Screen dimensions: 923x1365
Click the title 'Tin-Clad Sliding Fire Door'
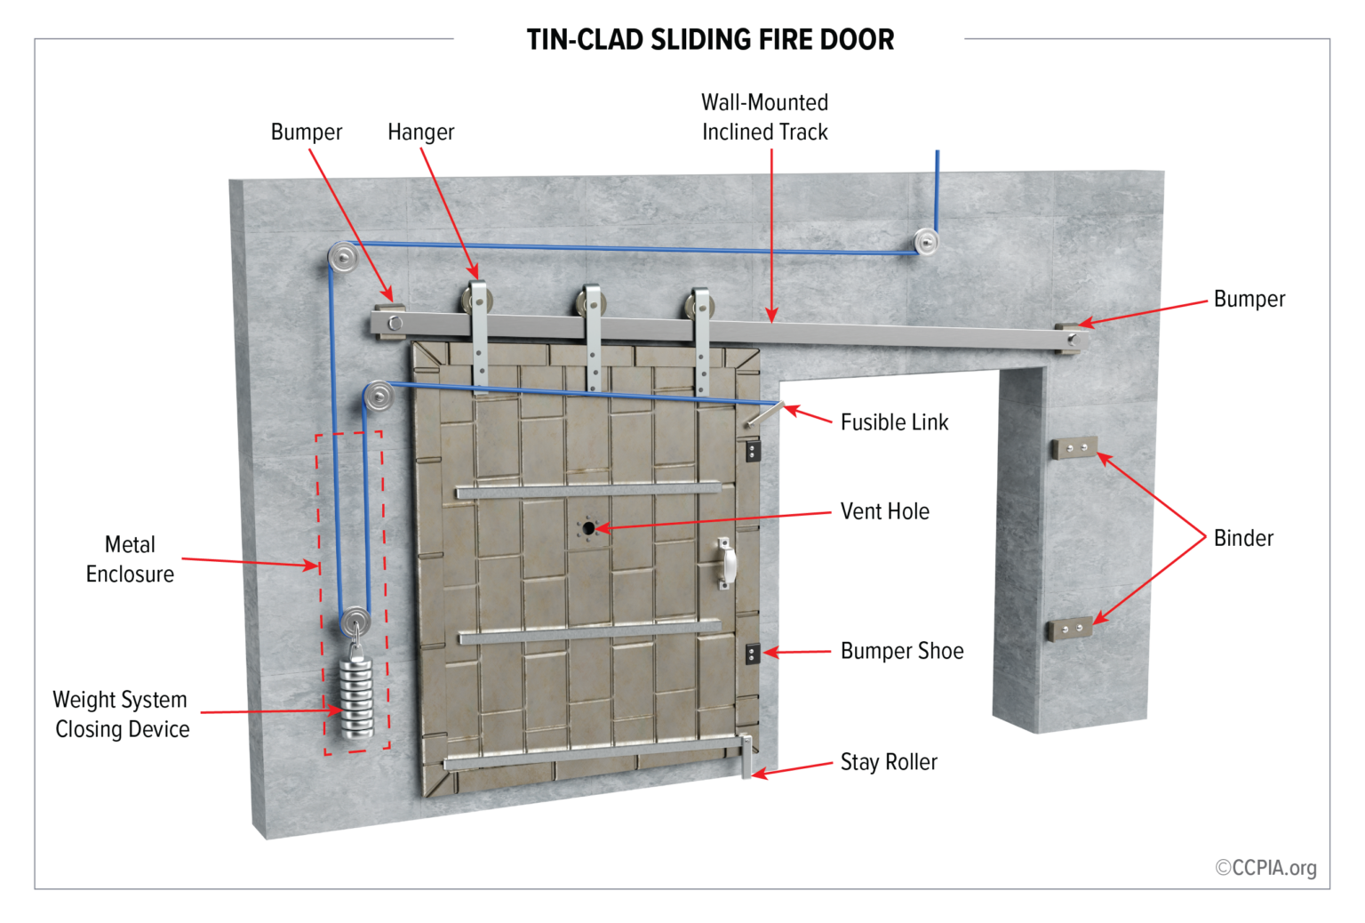(x=710, y=40)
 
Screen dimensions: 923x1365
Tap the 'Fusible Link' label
(x=894, y=422)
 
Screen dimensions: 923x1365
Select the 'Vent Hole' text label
(x=884, y=511)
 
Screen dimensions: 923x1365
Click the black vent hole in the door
(x=588, y=528)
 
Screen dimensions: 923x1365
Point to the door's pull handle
(x=726, y=564)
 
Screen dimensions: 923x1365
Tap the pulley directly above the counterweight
(x=355, y=620)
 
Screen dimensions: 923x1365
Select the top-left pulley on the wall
(x=343, y=258)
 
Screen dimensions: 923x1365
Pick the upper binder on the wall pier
(x=1075, y=447)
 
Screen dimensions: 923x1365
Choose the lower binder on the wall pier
(x=1071, y=629)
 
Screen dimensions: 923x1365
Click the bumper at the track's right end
(x=1069, y=338)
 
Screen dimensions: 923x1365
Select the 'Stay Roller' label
(x=889, y=762)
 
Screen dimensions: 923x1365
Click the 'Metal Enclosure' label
(x=130, y=559)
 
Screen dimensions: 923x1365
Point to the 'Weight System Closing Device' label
(x=121, y=714)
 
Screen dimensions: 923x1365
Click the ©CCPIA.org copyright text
(x=1265, y=868)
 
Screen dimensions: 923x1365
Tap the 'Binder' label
(x=1243, y=538)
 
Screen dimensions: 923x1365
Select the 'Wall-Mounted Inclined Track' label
(x=764, y=117)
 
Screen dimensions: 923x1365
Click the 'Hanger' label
(x=420, y=132)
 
